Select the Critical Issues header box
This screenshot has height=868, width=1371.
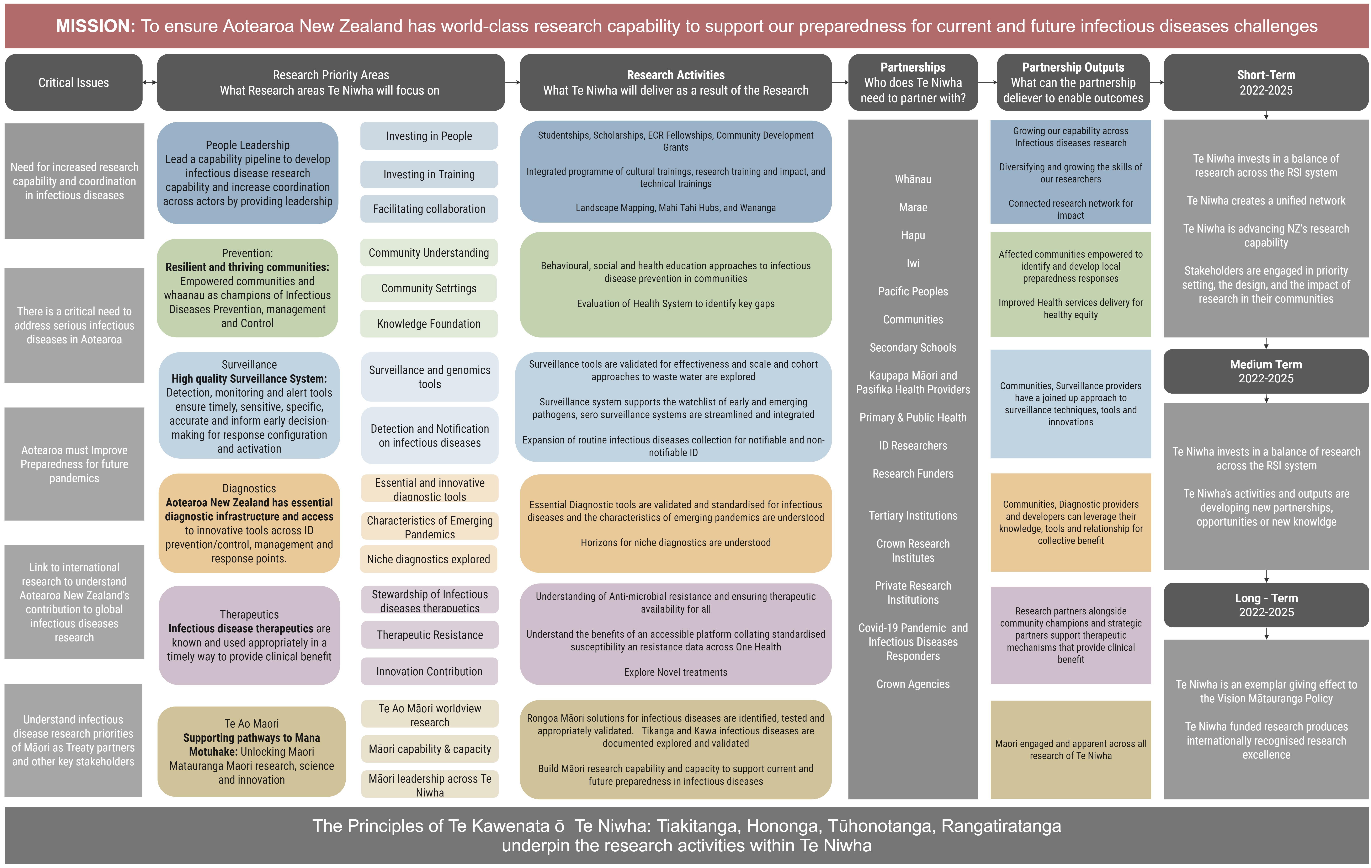click(x=73, y=82)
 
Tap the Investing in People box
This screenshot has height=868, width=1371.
click(x=429, y=136)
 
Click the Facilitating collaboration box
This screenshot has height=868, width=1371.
click(x=429, y=209)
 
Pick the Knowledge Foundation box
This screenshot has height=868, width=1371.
click(x=429, y=324)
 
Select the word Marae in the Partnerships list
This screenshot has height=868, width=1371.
click(x=913, y=207)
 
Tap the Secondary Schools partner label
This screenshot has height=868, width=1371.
click(x=913, y=348)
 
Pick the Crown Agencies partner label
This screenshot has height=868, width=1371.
click(x=913, y=684)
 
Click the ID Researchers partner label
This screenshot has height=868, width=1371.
click(x=913, y=446)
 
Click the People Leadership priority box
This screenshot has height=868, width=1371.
click(x=248, y=173)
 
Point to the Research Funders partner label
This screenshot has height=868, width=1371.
click(x=913, y=474)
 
